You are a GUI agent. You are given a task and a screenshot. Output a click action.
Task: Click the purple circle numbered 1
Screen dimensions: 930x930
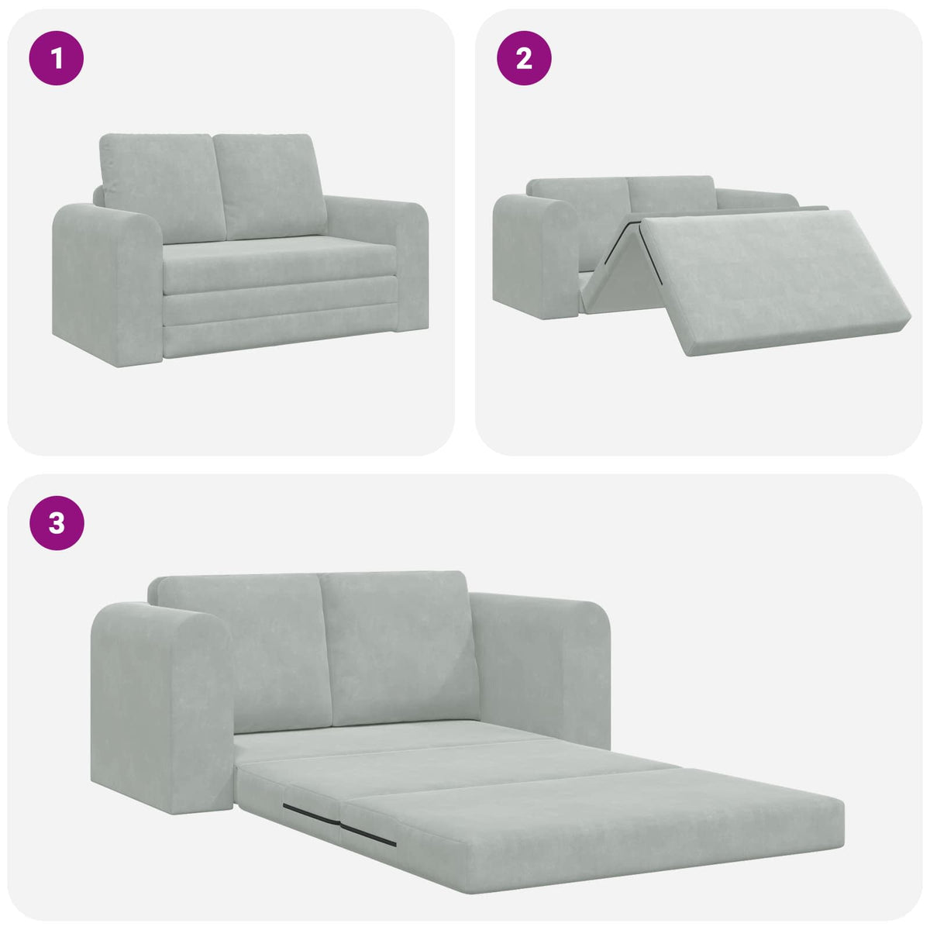point(57,57)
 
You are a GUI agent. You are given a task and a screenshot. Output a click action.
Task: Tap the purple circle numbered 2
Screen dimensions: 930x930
point(524,57)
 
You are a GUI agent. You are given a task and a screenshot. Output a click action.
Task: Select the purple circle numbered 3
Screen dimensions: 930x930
point(57,522)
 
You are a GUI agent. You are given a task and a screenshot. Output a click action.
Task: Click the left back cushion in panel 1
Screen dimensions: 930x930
point(159,186)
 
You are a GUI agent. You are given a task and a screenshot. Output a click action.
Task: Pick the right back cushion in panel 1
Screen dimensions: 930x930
point(267,186)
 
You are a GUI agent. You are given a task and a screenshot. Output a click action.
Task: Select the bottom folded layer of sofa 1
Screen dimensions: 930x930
point(279,341)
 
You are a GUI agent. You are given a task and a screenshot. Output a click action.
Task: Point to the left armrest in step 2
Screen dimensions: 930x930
point(535,256)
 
